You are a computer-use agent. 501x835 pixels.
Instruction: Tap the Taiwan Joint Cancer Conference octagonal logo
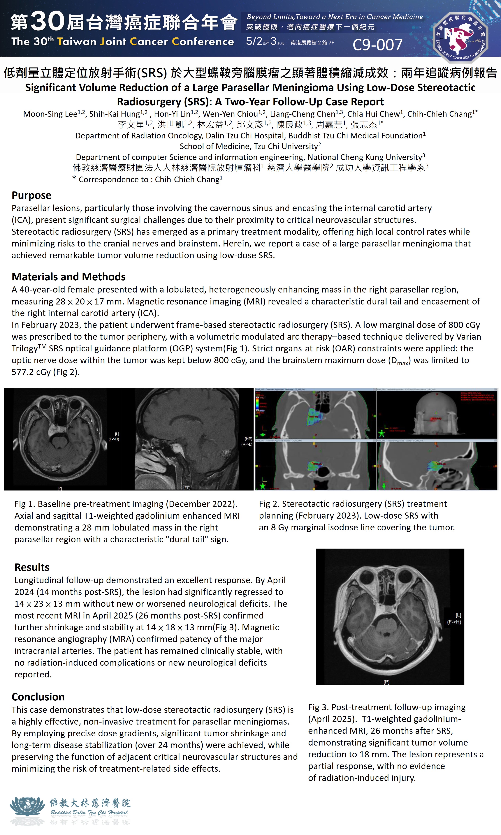click(460, 37)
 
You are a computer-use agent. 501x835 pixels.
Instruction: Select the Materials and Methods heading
click(68, 277)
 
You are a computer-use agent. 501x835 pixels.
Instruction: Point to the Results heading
click(32, 567)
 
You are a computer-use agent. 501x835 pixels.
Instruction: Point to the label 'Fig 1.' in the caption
click(25, 504)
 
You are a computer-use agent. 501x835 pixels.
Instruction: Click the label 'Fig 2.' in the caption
click(269, 504)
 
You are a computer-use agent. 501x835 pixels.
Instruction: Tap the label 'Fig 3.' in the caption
click(318, 707)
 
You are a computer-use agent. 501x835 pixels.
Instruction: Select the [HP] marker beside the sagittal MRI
click(248, 439)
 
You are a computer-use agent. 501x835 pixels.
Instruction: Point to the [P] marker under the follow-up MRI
click(386, 682)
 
